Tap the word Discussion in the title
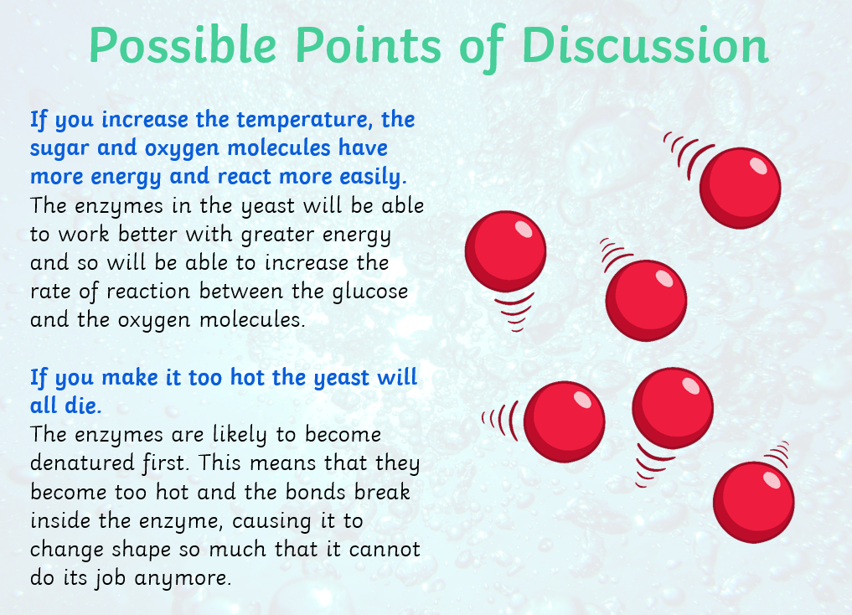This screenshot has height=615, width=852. click(645, 45)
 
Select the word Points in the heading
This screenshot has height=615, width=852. click(369, 45)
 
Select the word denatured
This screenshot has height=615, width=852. click(82, 463)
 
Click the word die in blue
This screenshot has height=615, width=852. click(83, 406)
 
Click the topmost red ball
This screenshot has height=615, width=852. click(740, 188)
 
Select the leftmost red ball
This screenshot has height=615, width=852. click(505, 251)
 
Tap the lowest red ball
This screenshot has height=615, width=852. click(754, 502)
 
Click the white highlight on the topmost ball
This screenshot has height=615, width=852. click(758, 165)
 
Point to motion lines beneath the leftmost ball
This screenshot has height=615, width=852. click(514, 312)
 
